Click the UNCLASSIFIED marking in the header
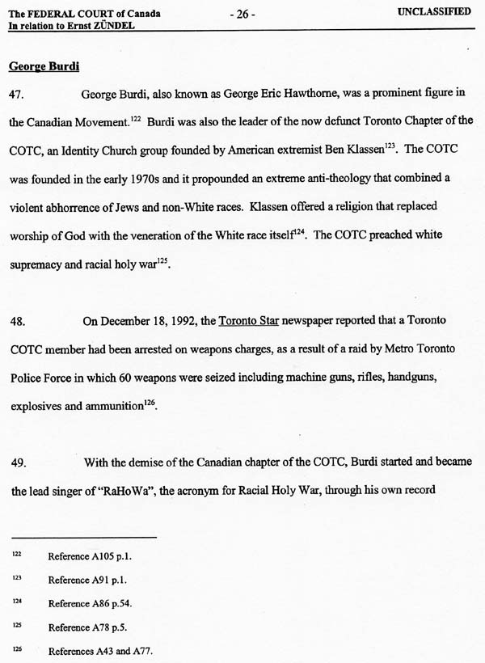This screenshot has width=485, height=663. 435,13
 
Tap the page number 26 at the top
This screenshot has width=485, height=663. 242,14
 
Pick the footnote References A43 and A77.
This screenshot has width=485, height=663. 99,651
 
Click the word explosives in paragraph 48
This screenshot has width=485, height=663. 37,406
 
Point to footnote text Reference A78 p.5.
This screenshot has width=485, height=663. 85,627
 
